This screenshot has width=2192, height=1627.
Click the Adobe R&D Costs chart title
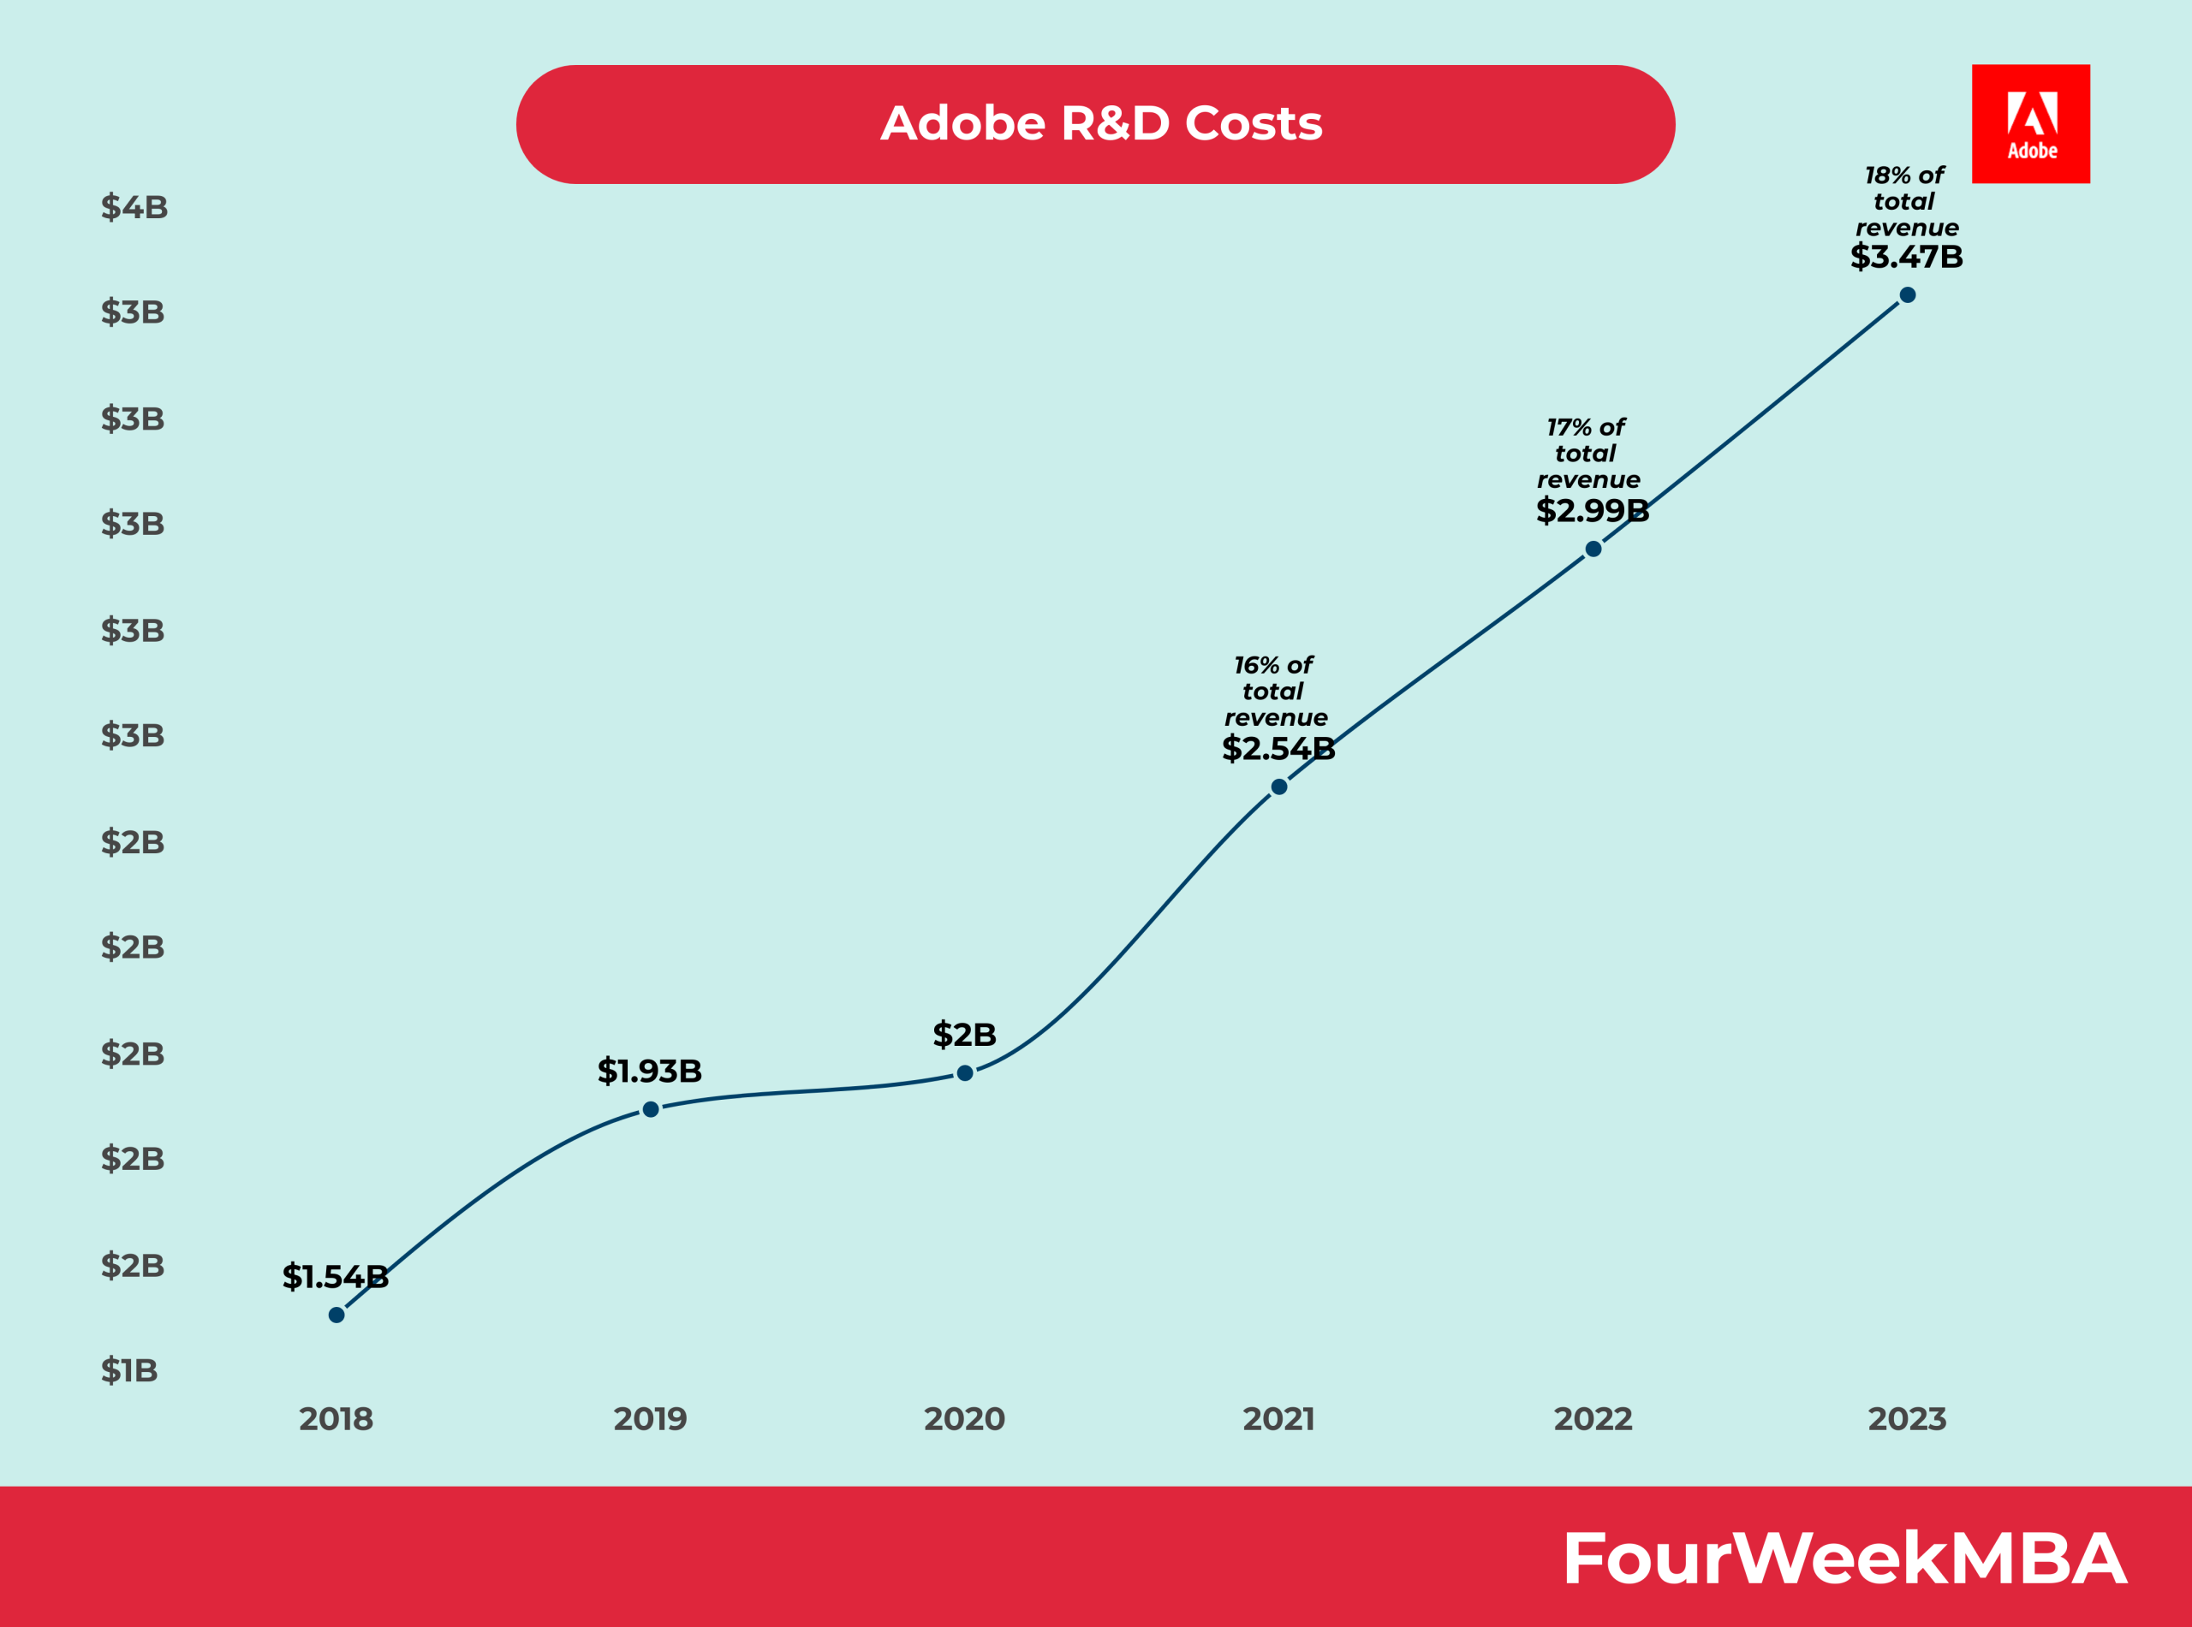click(1100, 124)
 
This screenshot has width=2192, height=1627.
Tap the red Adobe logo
click(2030, 124)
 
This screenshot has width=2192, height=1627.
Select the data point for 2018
click(336, 1315)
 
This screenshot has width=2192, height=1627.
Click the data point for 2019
click(650, 1109)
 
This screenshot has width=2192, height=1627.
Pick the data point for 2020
click(964, 1072)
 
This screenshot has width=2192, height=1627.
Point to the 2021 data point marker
click(1278, 787)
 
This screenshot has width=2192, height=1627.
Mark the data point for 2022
click(1593, 549)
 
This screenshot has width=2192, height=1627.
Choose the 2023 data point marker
click(1907, 294)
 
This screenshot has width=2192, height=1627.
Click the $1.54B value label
click(335, 1276)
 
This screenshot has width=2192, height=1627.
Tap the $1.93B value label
click(649, 1071)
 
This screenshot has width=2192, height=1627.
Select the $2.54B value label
click(1278, 749)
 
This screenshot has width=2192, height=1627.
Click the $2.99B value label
click(1592, 510)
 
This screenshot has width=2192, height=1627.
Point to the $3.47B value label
click(1906, 256)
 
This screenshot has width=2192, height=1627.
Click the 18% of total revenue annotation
click(1906, 201)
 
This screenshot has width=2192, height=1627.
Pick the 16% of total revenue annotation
click(1276, 692)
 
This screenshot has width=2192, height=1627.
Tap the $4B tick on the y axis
click(134, 207)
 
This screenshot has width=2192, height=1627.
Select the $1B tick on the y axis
click(129, 1370)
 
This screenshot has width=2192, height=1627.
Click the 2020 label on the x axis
click(964, 1419)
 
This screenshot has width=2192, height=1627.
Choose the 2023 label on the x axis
click(1907, 1419)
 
